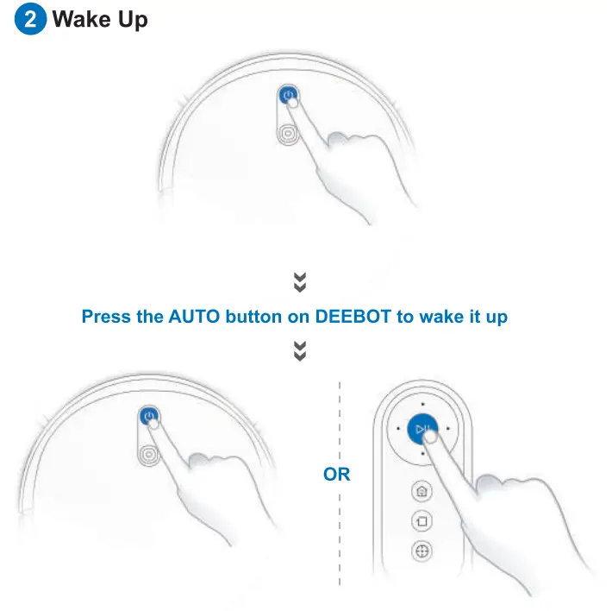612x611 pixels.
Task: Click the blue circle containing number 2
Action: coord(30,20)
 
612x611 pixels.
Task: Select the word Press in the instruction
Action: coord(107,317)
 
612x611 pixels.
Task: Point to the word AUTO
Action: coord(195,317)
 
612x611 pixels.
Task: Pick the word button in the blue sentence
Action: coord(254,317)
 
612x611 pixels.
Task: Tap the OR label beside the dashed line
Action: coord(337,475)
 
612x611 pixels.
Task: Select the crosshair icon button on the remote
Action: coord(422,551)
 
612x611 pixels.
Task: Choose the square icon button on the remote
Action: coord(422,522)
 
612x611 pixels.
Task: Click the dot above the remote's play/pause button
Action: coord(422,403)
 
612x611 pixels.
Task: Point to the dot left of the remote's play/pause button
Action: coord(397,428)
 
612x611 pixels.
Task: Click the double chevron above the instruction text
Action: coord(300,282)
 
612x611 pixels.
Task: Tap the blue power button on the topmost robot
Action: coord(288,97)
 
